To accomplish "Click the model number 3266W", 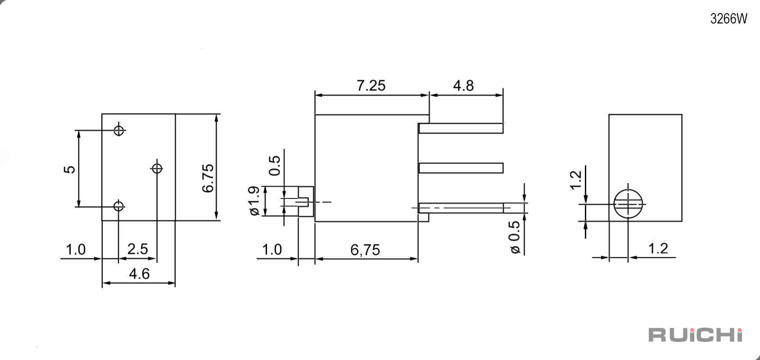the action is (728, 19).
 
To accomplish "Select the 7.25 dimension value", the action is (371, 85).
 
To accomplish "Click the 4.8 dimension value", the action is (463, 85).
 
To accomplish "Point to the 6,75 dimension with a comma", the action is (365, 250).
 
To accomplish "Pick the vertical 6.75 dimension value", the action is (208, 178).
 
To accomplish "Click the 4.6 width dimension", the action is (139, 274).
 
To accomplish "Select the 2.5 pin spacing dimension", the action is (137, 249).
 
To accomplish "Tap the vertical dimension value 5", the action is (69, 169).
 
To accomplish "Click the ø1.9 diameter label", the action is (254, 201).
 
